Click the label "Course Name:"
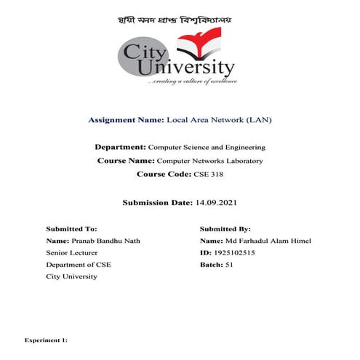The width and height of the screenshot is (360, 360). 127,160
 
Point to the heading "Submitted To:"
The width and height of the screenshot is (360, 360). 71,228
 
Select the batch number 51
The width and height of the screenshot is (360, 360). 229,264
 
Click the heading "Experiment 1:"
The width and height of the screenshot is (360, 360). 46,339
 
